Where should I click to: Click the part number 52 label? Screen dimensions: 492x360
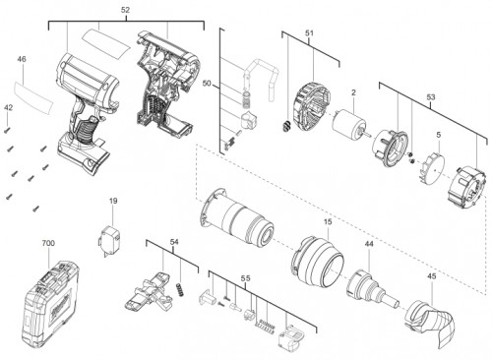(x=125, y=10)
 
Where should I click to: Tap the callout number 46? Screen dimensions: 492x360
(x=22, y=59)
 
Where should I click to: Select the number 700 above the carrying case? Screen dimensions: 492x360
(x=48, y=243)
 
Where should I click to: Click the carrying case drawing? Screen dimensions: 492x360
(x=50, y=302)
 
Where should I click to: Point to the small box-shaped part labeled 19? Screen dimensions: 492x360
(x=109, y=240)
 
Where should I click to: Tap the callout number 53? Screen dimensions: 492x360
(x=431, y=97)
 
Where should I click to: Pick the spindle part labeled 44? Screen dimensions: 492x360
(x=371, y=289)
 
